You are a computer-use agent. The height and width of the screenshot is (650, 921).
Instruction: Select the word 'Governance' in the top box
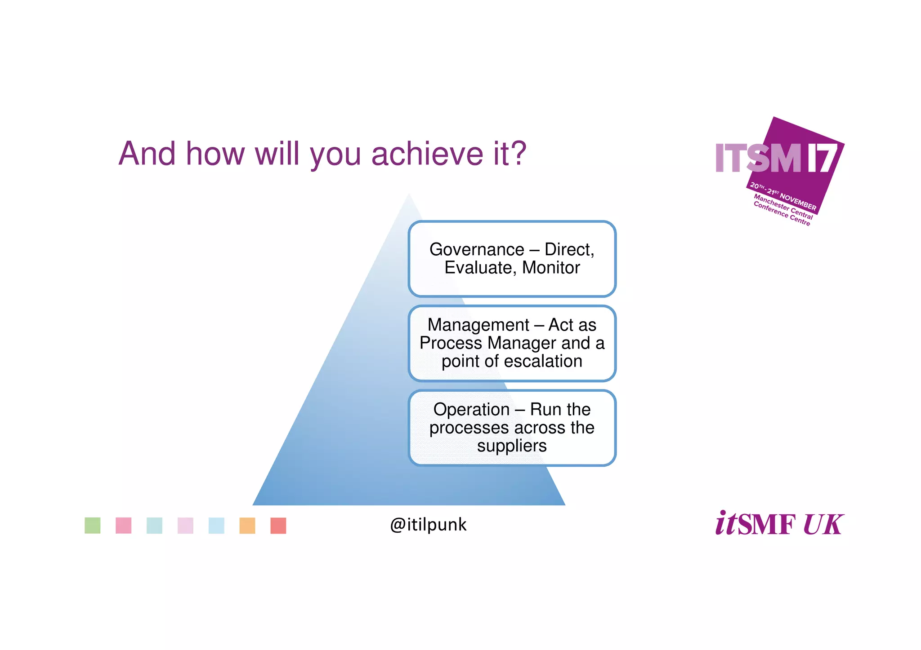(477, 249)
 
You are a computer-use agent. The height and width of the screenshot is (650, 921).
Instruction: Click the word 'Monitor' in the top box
(551, 268)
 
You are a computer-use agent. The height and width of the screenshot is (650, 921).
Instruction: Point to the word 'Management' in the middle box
(478, 325)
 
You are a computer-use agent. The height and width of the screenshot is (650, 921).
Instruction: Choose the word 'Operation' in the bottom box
(471, 410)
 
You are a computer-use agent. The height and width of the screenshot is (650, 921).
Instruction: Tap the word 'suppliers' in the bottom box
(512, 446)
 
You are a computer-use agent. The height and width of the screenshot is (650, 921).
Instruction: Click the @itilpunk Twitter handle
(428, 525)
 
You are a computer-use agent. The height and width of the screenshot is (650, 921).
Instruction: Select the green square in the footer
(93, 526)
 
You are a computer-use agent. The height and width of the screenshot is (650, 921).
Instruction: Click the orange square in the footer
(247, 526)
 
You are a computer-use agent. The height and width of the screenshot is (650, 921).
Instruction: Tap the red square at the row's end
(278, 526)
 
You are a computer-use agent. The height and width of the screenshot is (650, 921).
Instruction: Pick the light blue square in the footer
(216, 526)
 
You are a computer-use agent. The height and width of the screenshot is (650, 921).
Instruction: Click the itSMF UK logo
(779, 524)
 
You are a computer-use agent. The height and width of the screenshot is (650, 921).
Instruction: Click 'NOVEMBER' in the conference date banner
(798, 202)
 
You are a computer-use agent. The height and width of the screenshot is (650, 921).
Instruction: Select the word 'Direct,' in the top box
(569, 249)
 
